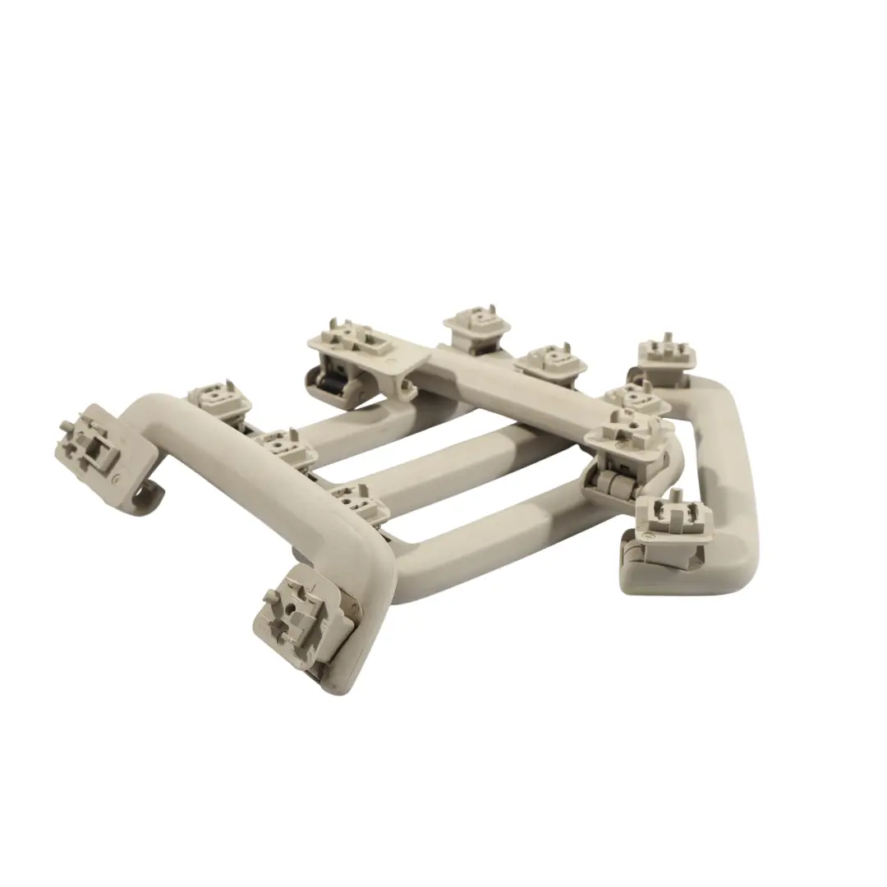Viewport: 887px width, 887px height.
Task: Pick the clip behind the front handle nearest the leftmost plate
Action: point(219,399)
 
